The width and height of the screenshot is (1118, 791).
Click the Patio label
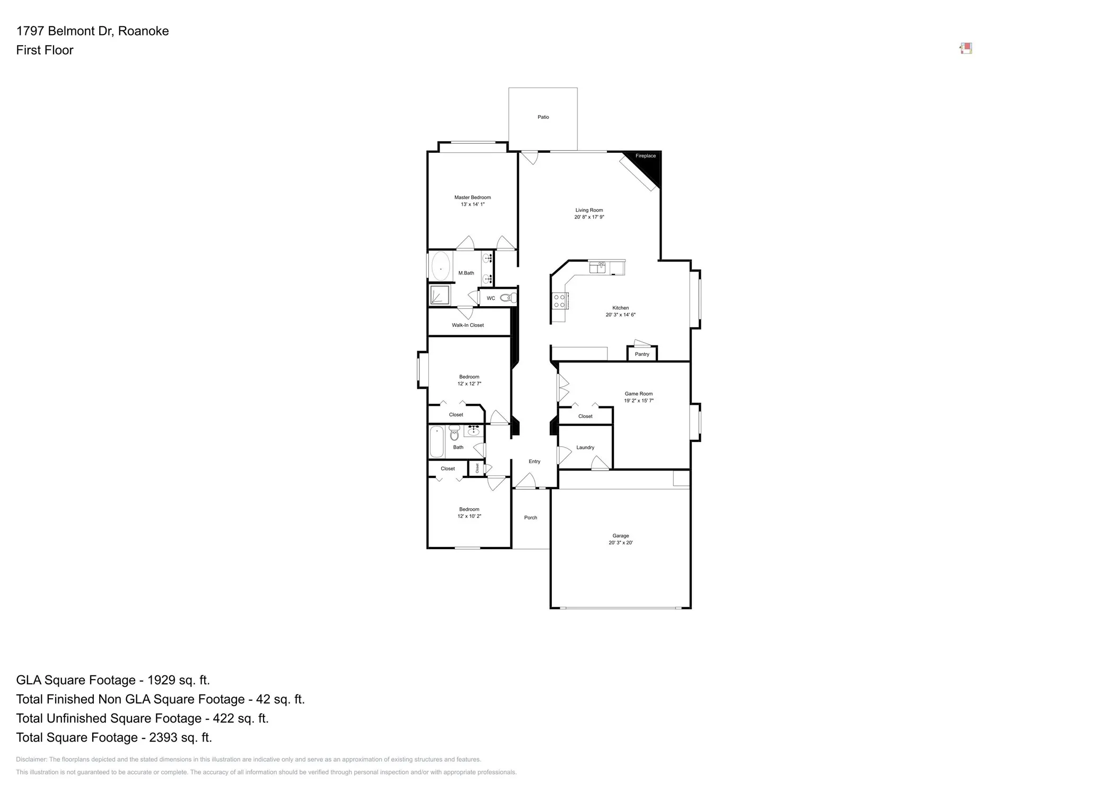[x=543, y=117]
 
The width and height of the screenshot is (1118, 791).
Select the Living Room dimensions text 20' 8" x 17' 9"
[x=589, y=217]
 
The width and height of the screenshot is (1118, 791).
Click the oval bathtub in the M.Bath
[x=441, y=266]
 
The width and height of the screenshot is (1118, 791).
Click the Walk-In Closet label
[x=468, y=325]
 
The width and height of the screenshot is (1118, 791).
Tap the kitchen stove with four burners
[x=559, y=301]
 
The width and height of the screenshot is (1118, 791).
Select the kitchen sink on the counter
[x=597, y=267]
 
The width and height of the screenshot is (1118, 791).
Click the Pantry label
[x=641, y=354]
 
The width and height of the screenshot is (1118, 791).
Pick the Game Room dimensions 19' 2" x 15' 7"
[x=638, y=401]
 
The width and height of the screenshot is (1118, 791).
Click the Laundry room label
[x=585, y=448]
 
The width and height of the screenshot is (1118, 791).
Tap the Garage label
[x=620, y=536]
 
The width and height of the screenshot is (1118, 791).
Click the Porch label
[x=530, y=518]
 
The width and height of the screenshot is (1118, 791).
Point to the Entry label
[x=534, y=462]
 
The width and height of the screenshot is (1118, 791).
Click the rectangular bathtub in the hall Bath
[x=436, y=441]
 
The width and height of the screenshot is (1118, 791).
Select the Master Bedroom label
[x=472, y=197]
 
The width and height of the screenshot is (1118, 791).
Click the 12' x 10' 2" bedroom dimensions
[x=469, y=516]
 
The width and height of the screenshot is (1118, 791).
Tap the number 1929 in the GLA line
[x=162, y=680]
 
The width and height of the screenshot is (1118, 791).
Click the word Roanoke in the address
[x=143, y=31]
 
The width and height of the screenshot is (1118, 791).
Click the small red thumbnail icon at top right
[x=966, y=49]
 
